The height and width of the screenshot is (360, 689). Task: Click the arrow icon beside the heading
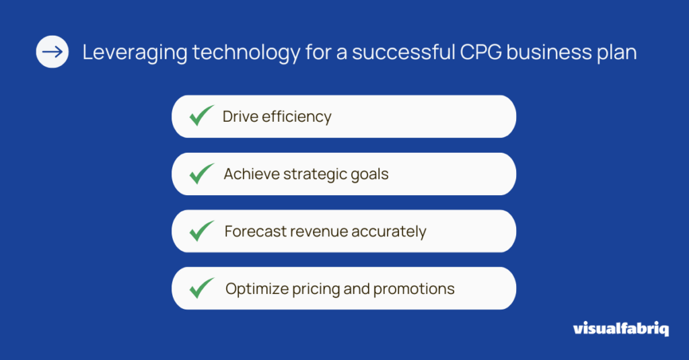point(52,52)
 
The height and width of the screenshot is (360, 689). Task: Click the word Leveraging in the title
point(135,52)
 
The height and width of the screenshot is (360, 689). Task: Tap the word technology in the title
point(246,52)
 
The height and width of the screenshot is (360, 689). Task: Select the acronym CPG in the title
point(480,52)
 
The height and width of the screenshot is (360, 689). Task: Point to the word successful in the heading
point(404,52)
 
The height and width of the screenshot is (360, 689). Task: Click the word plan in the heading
point(616,52)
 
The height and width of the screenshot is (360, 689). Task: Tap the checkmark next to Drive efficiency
point(202,116)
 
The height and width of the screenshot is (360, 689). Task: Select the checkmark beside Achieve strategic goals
point(202,173)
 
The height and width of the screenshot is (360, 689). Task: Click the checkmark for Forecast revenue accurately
point(202,231)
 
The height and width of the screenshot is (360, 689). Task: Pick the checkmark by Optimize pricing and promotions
point(202,288)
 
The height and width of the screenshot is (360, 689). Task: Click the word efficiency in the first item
point(297,117)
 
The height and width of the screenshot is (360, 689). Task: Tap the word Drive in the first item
point(240,116)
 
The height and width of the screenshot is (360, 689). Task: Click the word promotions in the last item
point(414,289)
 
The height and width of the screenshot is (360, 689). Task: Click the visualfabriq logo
point(621,328)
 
